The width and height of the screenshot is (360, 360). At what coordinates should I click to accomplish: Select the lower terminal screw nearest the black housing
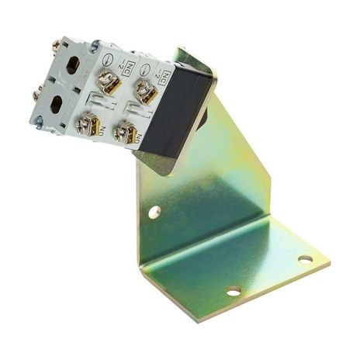coord(125,133)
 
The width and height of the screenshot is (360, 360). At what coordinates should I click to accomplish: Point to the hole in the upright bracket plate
coord(154,211)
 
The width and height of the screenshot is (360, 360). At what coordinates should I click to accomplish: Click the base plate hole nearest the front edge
coord(233,292)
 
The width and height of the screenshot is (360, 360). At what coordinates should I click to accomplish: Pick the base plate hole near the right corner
coord(305,258)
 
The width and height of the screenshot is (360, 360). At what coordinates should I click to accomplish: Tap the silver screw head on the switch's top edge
coord(94,46)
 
